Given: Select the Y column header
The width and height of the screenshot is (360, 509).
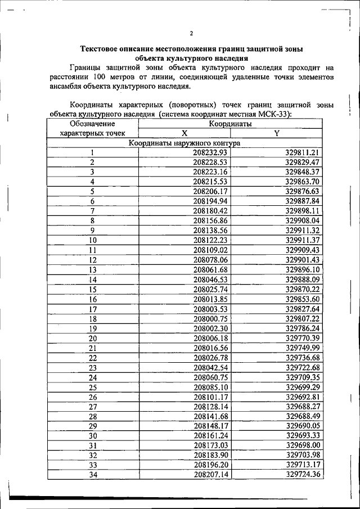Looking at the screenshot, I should pyautogui.click(x=276, y=133).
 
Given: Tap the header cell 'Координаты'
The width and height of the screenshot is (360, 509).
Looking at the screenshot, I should pyautogui.click(x=229, y=124).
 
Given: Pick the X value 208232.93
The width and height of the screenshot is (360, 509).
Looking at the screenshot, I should pyautogui.click(x=209, y=152).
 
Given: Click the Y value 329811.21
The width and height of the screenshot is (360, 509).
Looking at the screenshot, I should pyautogui.click(x=302, y=152).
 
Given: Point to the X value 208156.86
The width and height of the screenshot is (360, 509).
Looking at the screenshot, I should pyautogui.click(x=209, y=220).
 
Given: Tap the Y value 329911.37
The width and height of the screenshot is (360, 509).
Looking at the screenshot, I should pyautogui.click(x=302, y=240).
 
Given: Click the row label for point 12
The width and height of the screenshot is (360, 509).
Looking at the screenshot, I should pyautogui.click(x=93, y=260).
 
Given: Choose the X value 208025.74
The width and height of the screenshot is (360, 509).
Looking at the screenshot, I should pyautogui.click(x=209, y=289).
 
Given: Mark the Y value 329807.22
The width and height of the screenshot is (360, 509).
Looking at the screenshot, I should pyautogui.click(x=302, y=318).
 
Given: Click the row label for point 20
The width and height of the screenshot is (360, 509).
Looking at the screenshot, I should pyautogui.click(x=93, y=338).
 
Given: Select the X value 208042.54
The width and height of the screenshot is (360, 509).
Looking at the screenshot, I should pyautogui.click(x=209, y=367).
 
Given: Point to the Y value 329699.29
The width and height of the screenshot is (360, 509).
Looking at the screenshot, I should pyautogui.click(x=302, y=387).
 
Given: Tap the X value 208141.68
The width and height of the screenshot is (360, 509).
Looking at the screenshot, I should pyautogui.click(x=209, y=416).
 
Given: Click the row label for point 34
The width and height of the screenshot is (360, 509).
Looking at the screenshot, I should pyautogui.click(x=93, y=475).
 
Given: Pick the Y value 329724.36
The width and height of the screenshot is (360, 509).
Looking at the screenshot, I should pyautogui.click(x=302, y=475).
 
